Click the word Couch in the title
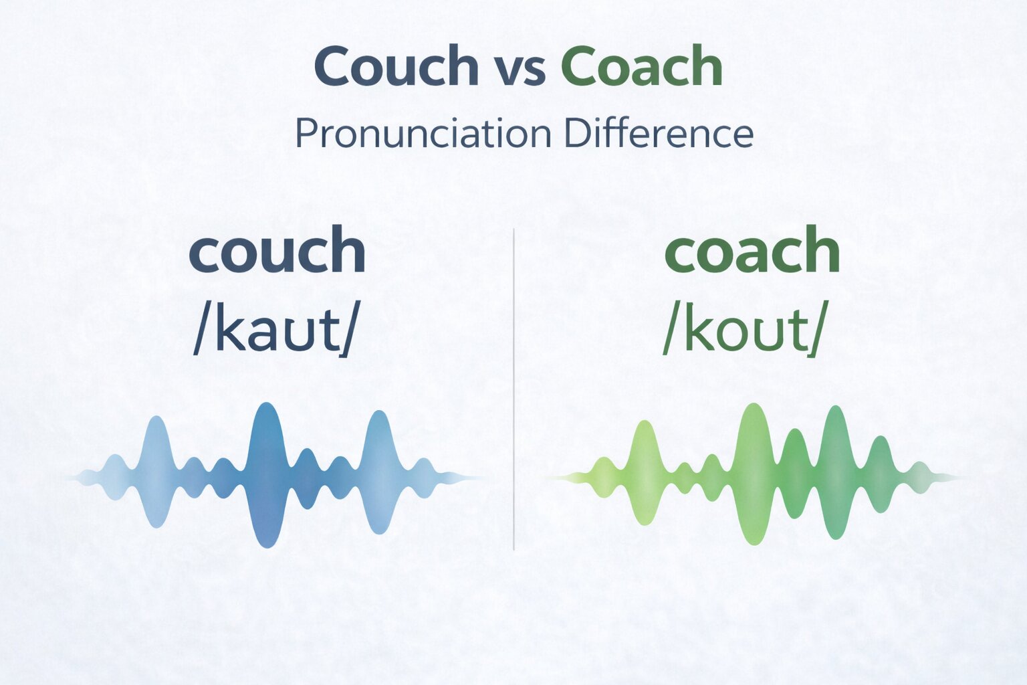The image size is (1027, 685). click(396, 66)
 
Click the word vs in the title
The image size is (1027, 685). click(520, 70)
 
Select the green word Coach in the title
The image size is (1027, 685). click(641, 66)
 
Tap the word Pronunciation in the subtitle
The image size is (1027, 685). click(423, 134)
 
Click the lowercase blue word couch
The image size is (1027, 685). click(277, 250)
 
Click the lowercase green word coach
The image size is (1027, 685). click(752, 250)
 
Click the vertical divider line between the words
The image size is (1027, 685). click(513, 388)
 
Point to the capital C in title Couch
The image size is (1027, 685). click(334, 66)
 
